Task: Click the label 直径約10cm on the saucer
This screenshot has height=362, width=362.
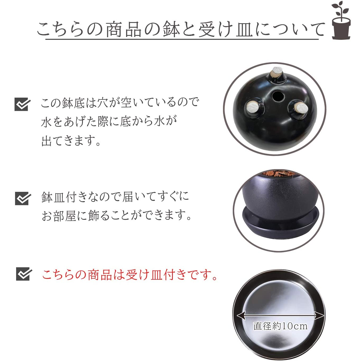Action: click(280, 326)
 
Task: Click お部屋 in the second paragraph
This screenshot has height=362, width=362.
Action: click(59, 216)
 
